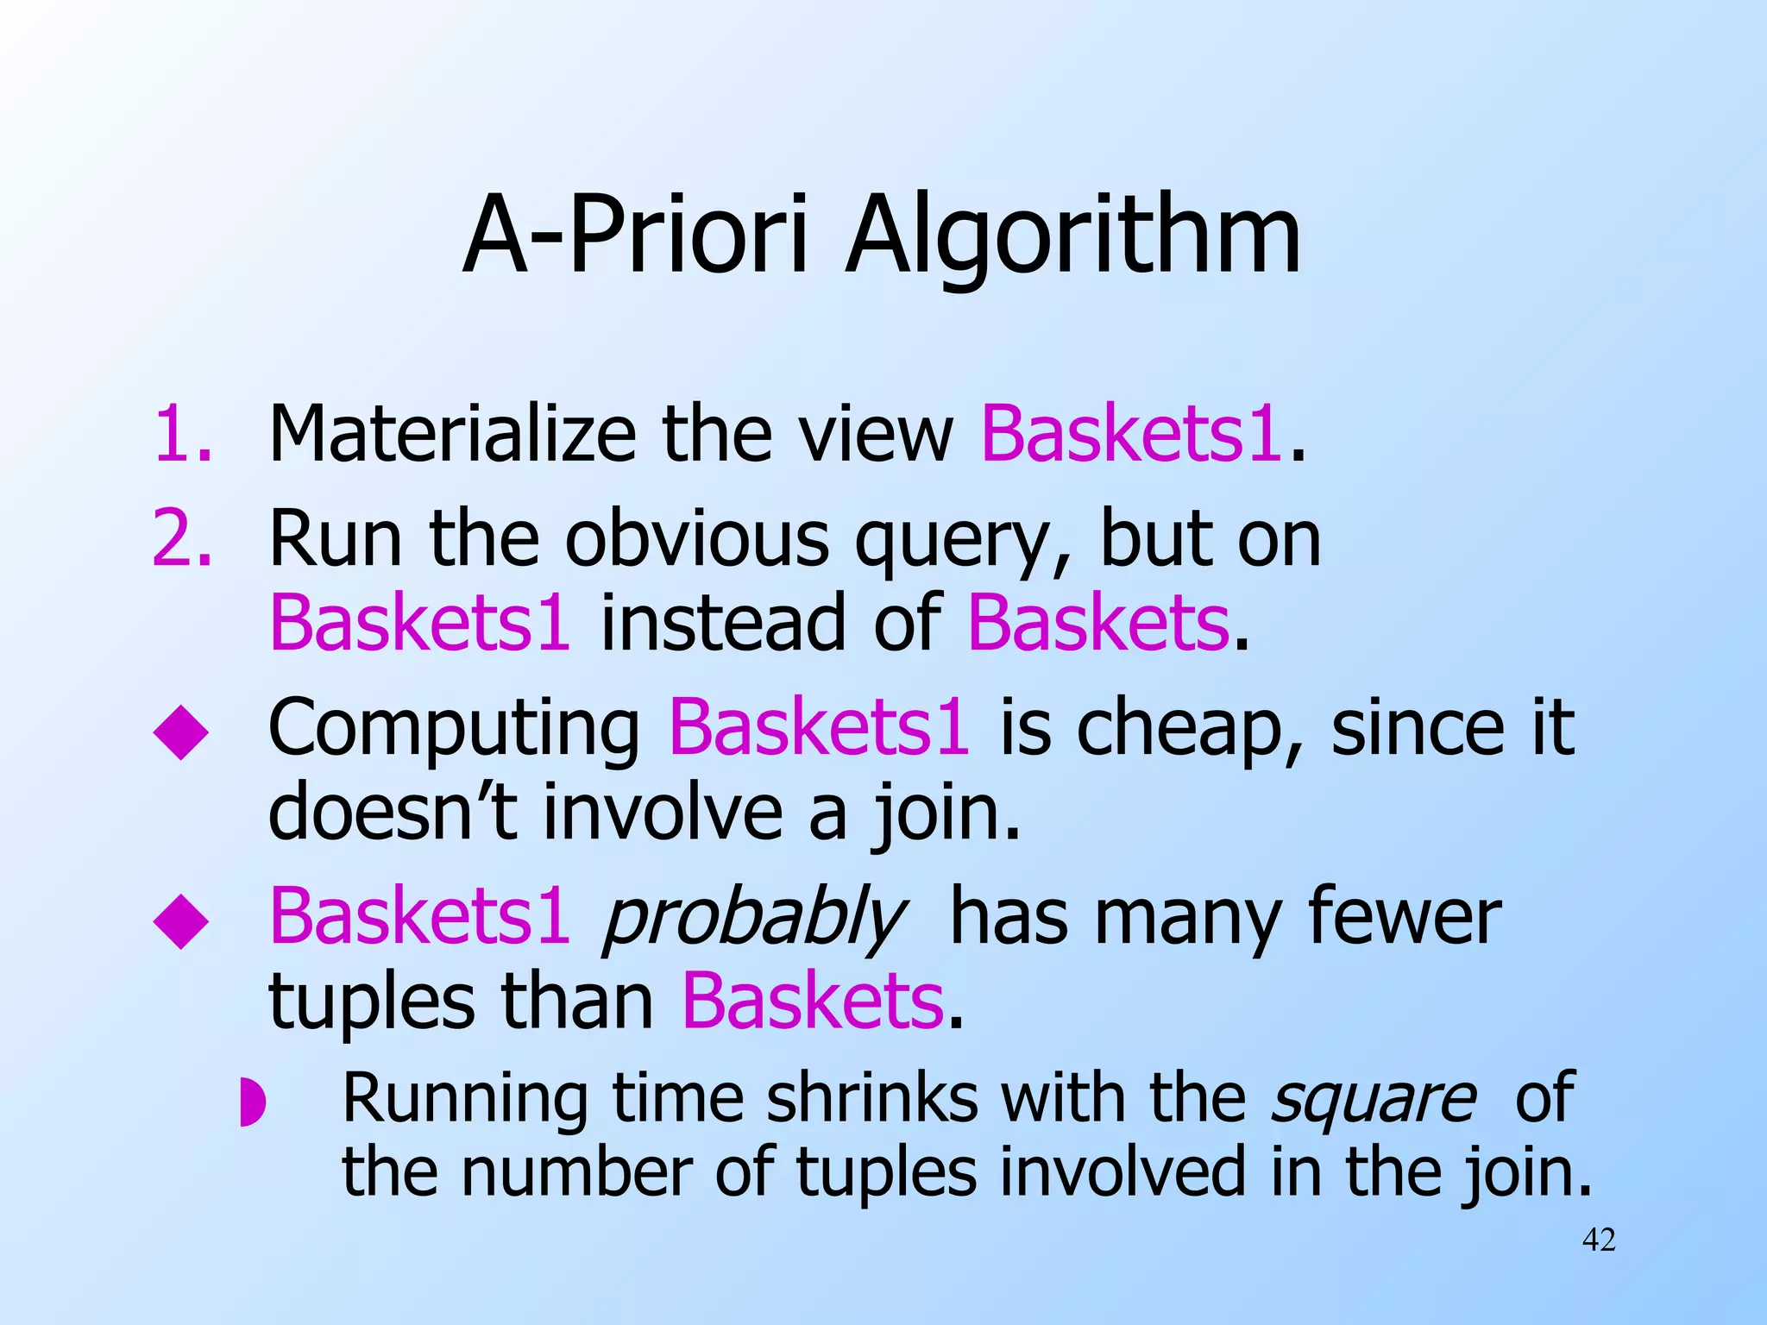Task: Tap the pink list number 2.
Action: click(182, 538)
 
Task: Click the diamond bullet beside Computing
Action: click(181, 732)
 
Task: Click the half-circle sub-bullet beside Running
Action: click(251, 1102)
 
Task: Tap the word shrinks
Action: click(872, 1098)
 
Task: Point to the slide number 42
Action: click(1599, 1240)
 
